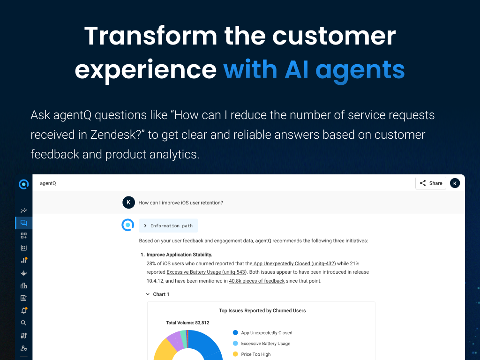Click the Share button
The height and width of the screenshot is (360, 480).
(x=431, y=183)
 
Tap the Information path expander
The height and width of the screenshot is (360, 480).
(x=168, y=225)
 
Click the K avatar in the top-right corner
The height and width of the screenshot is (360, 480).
(x=455, y=183)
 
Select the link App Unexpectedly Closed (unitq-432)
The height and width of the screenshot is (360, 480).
(x=294, y=263)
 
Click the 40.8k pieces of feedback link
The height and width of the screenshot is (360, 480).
(x=256, y=281)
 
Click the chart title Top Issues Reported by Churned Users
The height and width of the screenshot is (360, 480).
(x=262, y=310)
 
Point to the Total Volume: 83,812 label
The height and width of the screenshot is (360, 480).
(x=187, y=322)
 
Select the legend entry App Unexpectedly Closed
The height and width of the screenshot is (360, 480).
(x=262, y=333)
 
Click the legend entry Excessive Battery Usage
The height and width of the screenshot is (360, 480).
(x=262, y=344)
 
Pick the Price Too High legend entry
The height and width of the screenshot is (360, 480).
(x=252, y=354)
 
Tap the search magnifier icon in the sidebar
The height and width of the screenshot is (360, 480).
(x=23, y=323)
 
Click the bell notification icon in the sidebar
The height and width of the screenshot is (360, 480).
(x=24, y=310)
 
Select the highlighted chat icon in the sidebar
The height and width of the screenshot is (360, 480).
(x=23, y=223)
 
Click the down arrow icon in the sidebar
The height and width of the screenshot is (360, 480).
(x=23, y=273)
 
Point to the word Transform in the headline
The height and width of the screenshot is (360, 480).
(x=150, y=36)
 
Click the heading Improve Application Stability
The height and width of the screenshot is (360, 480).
(x=180, y=255)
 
